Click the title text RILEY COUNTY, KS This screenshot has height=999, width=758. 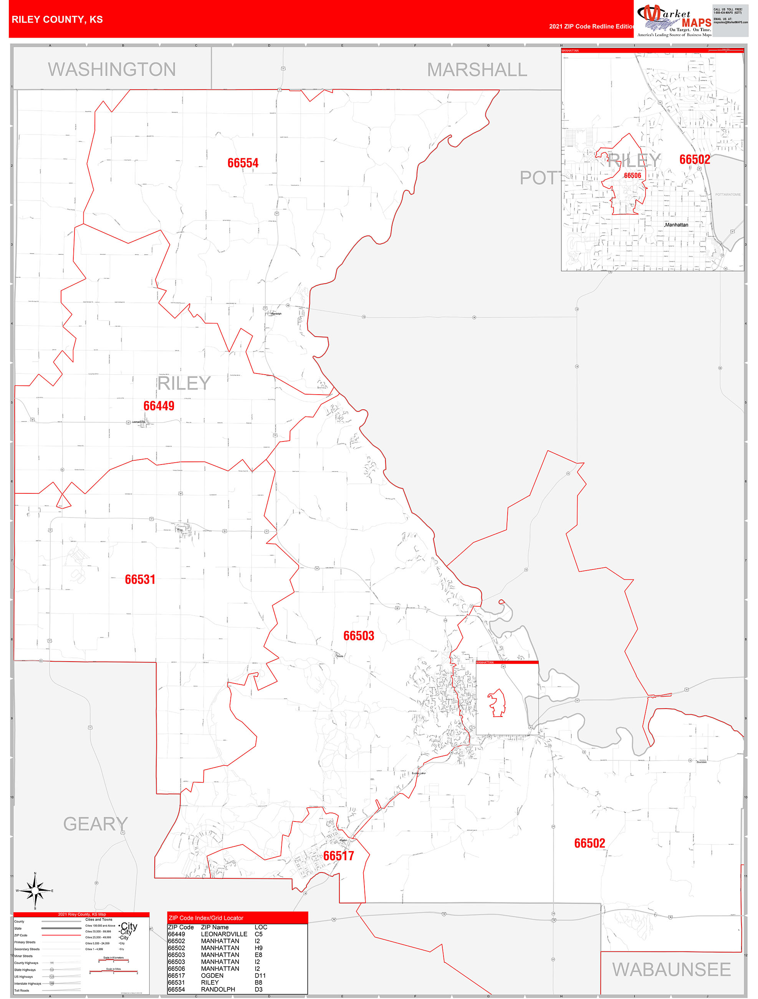pyautogui.click(x=57, y=20)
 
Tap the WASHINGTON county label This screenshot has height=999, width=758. pyautogui.click(x=112, y=70)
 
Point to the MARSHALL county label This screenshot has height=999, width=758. pyautogui.click(x=477, y=70)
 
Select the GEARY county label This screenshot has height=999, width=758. pyautogui.click(x=95, y=824)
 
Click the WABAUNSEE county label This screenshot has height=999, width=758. pyautogui.click(x=671, y=970)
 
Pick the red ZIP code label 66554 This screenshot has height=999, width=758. pyautogui.click(x=243, y=163)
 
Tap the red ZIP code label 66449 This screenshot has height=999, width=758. pyautogui.click(x=159, y=406)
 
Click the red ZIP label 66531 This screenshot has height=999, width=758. pyautogui.click(x=140, y=579)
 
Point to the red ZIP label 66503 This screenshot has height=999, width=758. pyautogui.click(x=359, y=636)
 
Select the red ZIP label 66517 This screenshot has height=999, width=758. pyautogui.click(x=339, y=856)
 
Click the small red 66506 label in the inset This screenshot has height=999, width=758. pyautogui.click(x=632, y=176)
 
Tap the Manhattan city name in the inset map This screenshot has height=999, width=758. pyautogui.click(x=676, y=225)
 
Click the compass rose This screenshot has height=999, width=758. pyautogui.click(x=35, y=891)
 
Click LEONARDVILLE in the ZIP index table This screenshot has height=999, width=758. pyautogui.click(x=224, y=934)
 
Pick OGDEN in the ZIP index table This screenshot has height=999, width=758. pyautogui.click(x=212, y=976)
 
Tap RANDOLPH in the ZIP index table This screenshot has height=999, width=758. pyautogui.click(x=218, y=989)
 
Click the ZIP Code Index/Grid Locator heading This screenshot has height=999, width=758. pyautogui.click(x=206, y=918)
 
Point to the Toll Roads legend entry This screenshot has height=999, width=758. pyautogui.click(x=22, y=991)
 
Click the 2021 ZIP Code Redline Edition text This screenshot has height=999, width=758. pyautogui.click(x=591, y=27)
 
